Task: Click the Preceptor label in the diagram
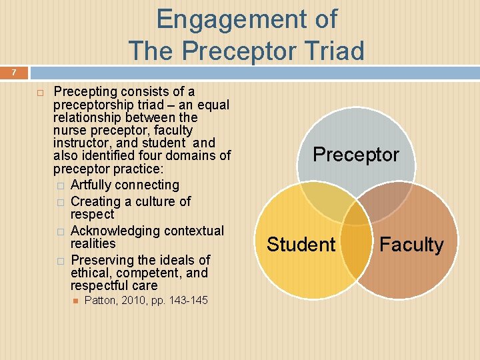click(x=356, y=155)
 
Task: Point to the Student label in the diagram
click(x=301, y=245)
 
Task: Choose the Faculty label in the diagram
click(x=411, y=245)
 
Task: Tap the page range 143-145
click(x=189, y=301)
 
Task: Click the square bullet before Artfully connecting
click(x=61, y=185)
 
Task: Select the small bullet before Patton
click(x=76, y=301)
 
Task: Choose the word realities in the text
click(x=93, y=244)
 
